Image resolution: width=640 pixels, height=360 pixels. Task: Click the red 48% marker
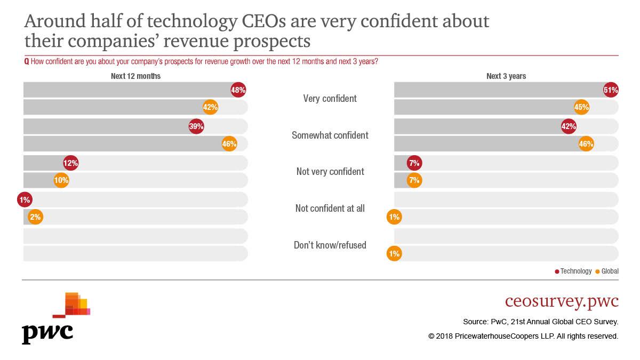pos(238,90)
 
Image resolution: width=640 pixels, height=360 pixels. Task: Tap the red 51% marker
pos(611,90)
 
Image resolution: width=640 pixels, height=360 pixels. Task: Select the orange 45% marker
pos(581,107)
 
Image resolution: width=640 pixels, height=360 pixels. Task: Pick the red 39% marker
pos(196,126)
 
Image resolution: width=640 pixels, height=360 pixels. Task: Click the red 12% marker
pos(71,163)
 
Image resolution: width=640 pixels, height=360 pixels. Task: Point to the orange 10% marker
pos(61,180)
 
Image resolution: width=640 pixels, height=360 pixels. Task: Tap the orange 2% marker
pos(35,217)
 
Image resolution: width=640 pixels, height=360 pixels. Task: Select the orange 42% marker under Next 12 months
pos(210,107)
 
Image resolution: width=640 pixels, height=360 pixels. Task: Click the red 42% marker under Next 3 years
pos(569,126)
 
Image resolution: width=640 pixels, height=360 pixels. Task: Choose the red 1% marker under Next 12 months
pos(25,200)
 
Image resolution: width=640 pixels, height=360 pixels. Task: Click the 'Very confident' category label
pos(330,99)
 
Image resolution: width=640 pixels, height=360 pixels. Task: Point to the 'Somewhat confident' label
pos(330,135)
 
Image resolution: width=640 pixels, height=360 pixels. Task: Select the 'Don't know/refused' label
pos(330,245)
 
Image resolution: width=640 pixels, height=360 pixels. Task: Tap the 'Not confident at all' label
pos(330,209)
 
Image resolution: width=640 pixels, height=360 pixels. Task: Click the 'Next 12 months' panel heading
pos(135,76)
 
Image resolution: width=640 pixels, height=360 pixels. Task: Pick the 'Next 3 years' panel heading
pos(506,76)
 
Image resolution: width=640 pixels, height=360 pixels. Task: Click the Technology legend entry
pos(573,271)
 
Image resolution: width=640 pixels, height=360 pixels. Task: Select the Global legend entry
pos(607,271)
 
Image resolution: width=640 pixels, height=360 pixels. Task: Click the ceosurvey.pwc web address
pos(562,301)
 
